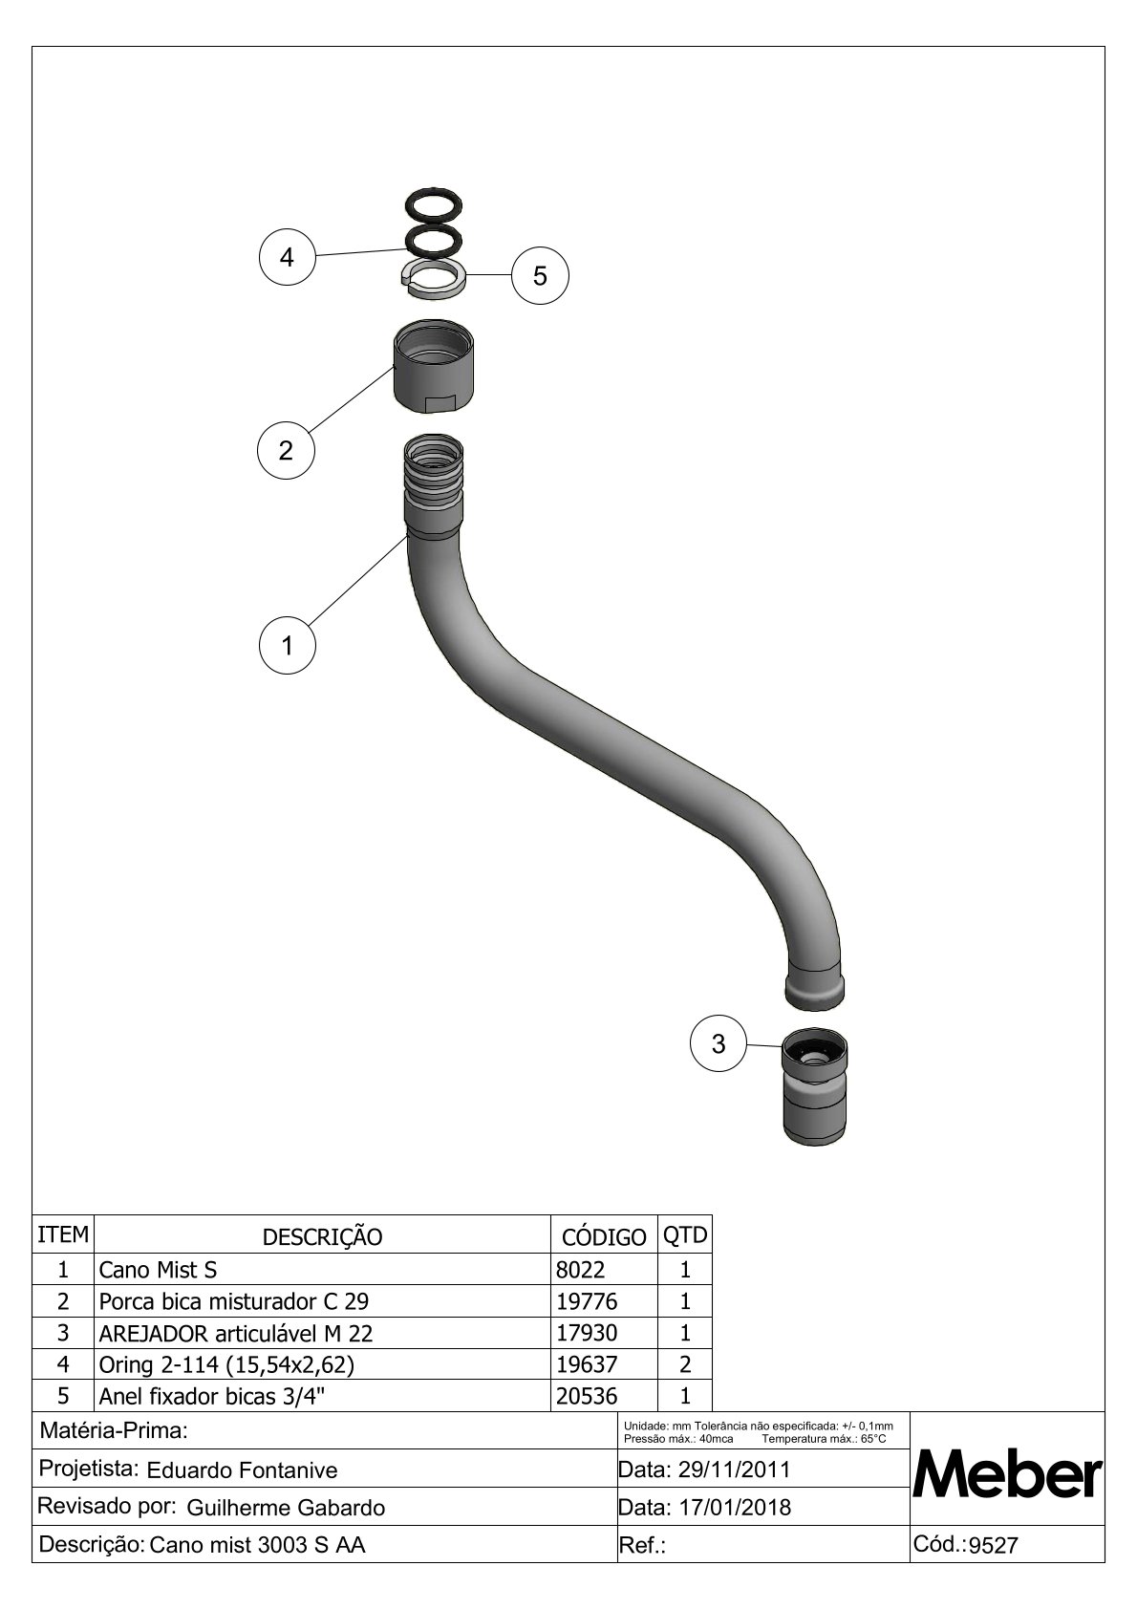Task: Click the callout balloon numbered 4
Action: tap(288, 257)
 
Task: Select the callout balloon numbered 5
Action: tap(540, 276)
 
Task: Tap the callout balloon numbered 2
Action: tap(286, 450)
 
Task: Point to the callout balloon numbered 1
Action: tap(288, 645)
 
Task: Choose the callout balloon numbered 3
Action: tap(719, 1043)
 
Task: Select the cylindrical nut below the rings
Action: tap(434, 366)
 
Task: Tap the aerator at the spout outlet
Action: tap(814, 1086)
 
